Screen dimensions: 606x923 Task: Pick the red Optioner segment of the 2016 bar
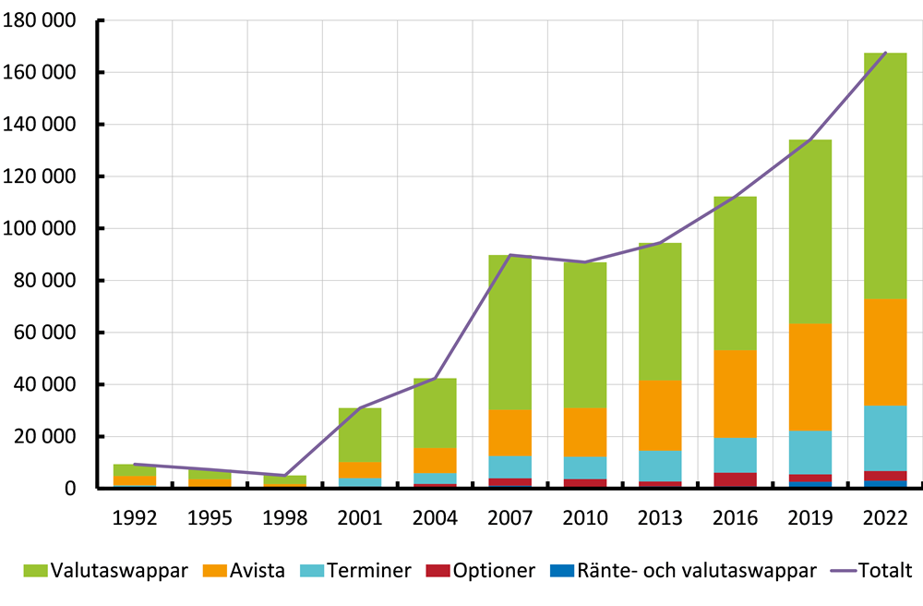[734, 479]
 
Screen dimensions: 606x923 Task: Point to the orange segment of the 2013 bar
[659, 415]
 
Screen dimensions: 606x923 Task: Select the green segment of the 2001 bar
[358, 434]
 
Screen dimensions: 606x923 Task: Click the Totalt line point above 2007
[509, 255]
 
